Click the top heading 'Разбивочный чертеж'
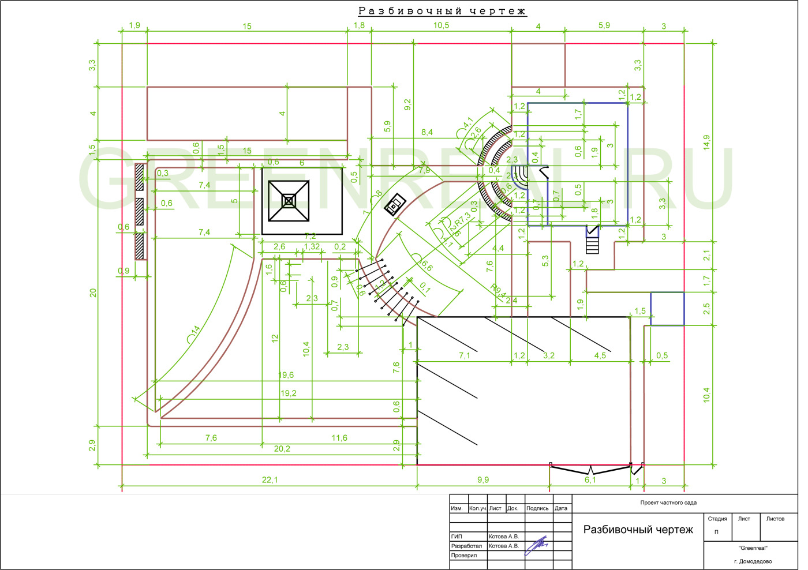click(442, 11)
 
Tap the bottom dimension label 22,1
click(270, 480)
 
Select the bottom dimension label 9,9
click(483, 480)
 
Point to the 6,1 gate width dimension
click(590, 480)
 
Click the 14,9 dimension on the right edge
click(706, 142)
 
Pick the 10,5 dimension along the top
click(441, 25)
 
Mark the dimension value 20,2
click(282, 449)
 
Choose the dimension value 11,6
click(339, 438)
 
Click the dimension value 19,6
click(286, 375)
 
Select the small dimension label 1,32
click(312, 246)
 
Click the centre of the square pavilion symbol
click(289, 201)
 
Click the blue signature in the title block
click(537, 545)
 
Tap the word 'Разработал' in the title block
click(466, 546)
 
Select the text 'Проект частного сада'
click(668, 502)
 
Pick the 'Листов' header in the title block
click(775, 519)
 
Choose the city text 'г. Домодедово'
click(753, 561)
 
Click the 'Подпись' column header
click(537, 508)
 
